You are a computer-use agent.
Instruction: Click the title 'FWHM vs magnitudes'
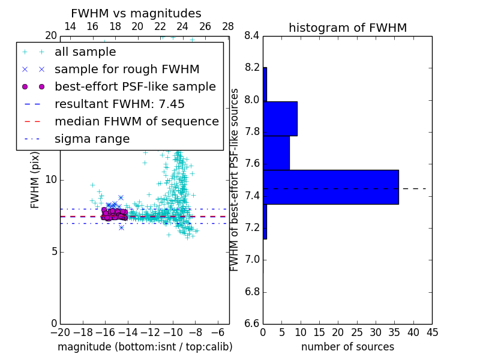tap(136, 13)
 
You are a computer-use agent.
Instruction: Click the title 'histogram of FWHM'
tap(347, 28)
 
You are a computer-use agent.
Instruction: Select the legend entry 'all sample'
tap(85, 52)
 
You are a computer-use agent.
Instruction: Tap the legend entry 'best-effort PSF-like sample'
tap(135, 86)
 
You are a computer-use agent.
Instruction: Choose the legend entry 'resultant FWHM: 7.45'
tap(119, 104)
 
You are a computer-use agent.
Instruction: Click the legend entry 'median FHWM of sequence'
tap(136, 121)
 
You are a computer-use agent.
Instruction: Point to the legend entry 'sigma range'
tap(92, 139)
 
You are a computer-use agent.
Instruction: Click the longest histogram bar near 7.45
tap(331, 187)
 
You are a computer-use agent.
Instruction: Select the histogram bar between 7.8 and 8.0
tap(280, 119)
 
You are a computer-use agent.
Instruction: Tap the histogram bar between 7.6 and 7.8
tap(276, 153)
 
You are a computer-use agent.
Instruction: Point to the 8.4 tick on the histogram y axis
tap(252, 35)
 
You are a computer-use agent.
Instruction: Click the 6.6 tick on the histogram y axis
tap(252, 323)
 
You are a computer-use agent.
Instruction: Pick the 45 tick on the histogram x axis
tap(431, 332)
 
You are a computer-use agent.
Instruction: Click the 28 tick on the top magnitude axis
tap(228, 26)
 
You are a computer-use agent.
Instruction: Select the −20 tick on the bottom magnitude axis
tap(59, 332)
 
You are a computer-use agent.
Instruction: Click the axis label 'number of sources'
tap(347, 347)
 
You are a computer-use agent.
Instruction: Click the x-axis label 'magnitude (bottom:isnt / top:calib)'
tap(145, 347)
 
